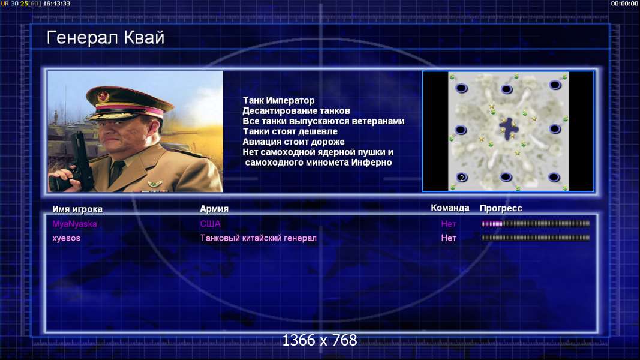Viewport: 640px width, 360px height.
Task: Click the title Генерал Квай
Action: click(106, 38)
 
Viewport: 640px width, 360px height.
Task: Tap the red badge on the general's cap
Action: click(103, 97)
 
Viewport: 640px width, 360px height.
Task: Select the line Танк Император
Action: click(278, 100)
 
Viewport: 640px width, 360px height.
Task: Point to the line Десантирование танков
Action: click(296, 110)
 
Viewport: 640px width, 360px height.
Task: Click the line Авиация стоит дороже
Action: click(293, 142)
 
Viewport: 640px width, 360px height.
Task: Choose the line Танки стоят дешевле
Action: click(290, 131)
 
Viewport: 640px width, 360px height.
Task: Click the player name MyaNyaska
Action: click(74, 224)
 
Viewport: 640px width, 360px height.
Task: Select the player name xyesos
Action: click(66, 238)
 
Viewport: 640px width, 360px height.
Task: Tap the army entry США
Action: click(210, 224)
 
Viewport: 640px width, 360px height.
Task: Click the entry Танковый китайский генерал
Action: click(259, 238)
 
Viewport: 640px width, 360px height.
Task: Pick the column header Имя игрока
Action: click(77, 209)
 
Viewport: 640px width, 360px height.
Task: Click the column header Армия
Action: click(214, 209)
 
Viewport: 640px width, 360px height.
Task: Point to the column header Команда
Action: click(450, 208)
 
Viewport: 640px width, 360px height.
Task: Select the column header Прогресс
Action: click(501, 208)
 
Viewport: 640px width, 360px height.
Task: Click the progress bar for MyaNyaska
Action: click(536, 224)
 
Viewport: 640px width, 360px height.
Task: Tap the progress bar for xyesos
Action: click(536, 238)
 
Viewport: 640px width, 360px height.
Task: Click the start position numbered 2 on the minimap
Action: click(462, 177)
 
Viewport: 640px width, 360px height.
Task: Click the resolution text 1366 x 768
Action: click(320, 340)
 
